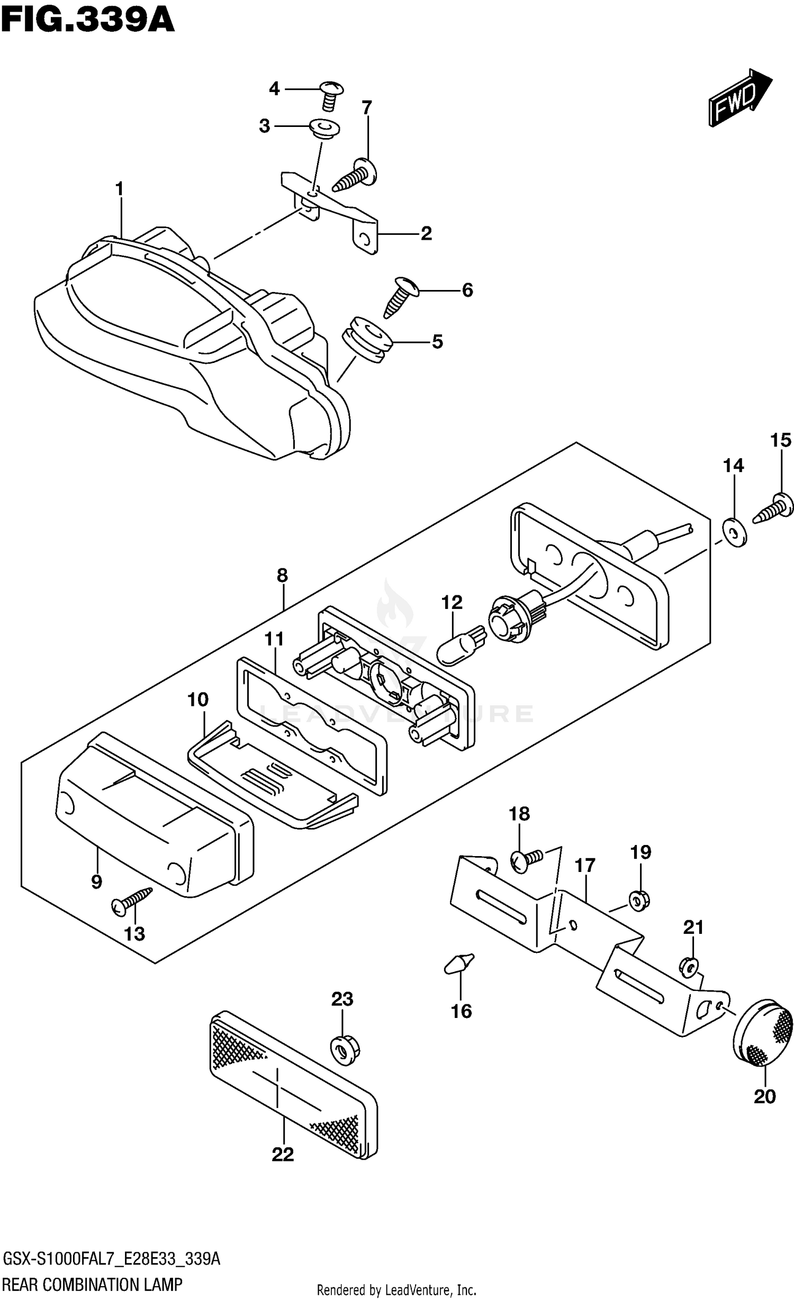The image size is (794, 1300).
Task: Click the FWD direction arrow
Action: click(740, 97)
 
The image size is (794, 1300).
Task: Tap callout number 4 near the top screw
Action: click(274, 89)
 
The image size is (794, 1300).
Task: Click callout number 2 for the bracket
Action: click(426, 233)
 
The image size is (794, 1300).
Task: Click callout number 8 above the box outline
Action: click(282, 575)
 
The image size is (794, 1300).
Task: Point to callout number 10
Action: click(198, 700)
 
